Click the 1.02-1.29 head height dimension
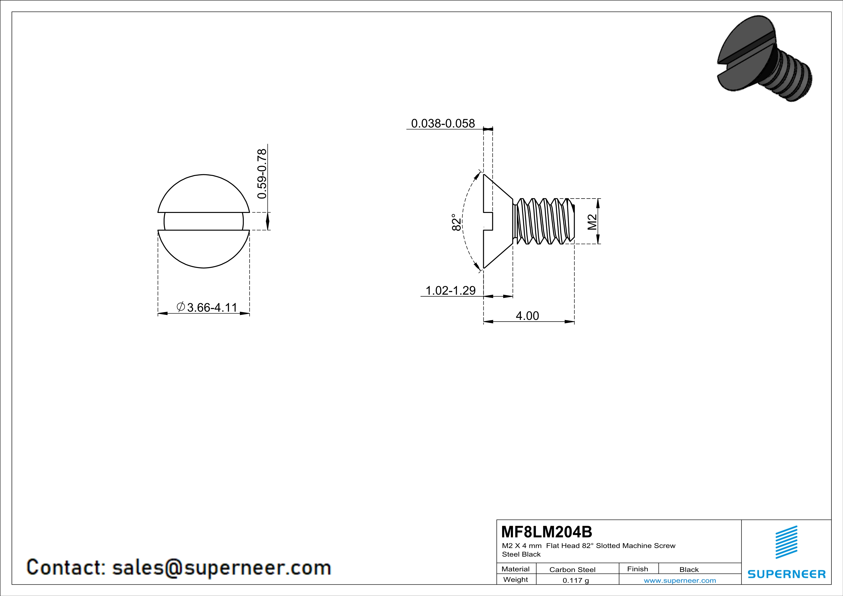point(450,290)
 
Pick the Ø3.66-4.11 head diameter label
point(207,307)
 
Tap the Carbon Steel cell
point(572,570)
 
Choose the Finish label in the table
point(637,569)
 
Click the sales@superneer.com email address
point(221,567)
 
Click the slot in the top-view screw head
point(204,221)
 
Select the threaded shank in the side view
point(543,221)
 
